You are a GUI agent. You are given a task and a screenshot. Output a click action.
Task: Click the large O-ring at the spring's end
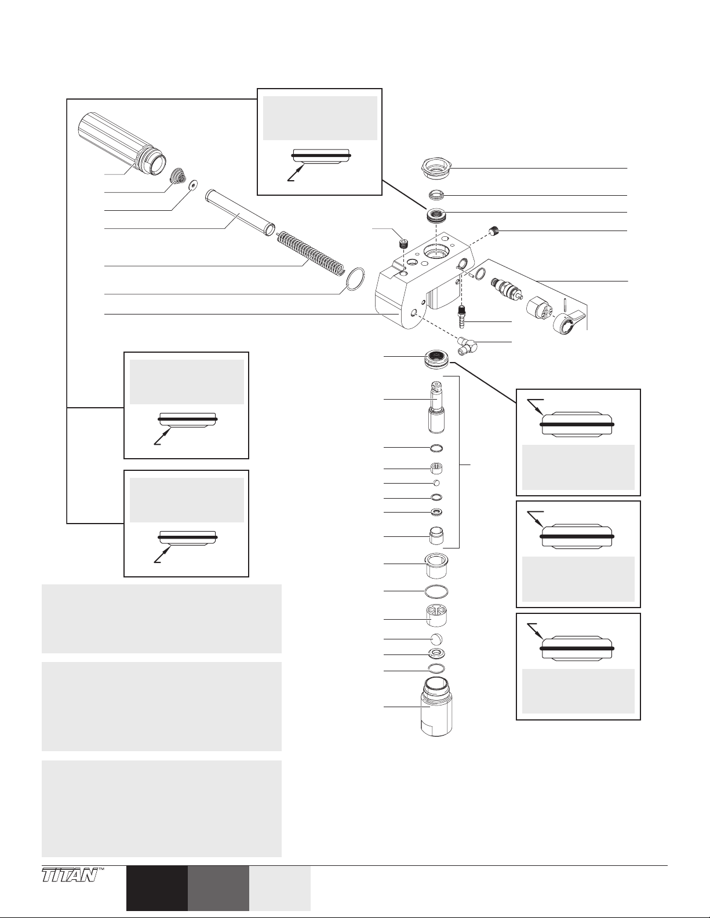click(354, 279)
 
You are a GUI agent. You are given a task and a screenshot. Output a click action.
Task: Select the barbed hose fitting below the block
click(463, 316)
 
